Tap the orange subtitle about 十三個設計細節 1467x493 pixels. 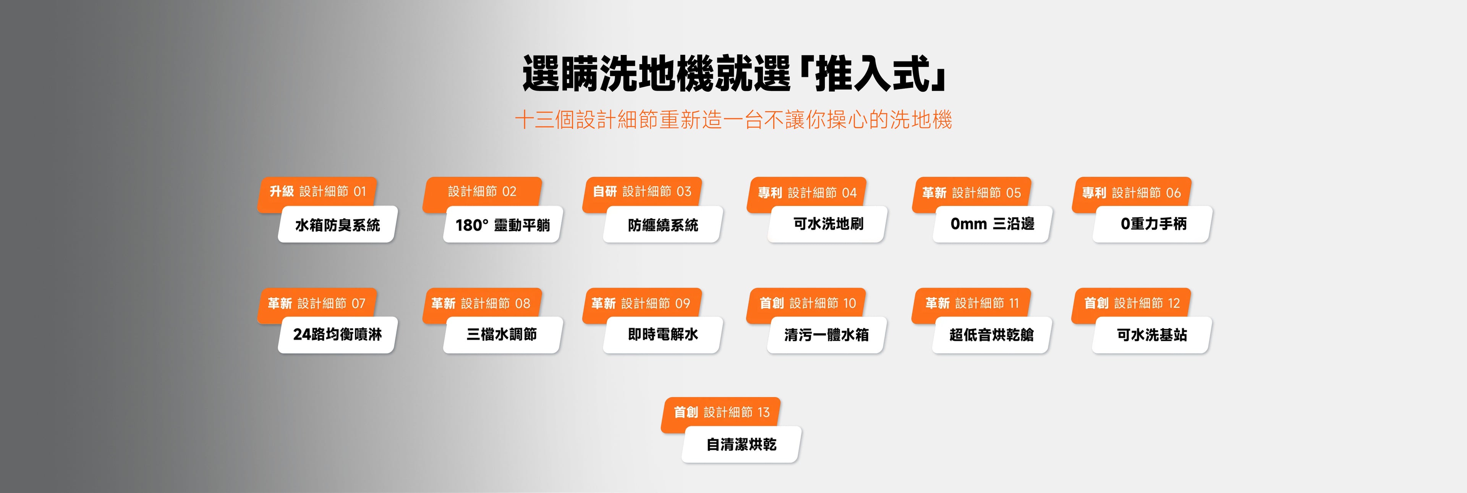(733, 120)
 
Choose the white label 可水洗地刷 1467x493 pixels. (827, 224)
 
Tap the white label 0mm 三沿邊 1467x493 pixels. (993, 224)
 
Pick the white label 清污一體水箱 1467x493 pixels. (827, 335)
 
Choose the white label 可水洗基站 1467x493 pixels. (1152, 335)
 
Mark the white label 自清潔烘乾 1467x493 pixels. (742, 444)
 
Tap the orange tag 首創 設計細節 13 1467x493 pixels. (721, 412)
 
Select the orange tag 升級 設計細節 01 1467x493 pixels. (317, 192)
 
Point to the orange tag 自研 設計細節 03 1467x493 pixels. (642, 192)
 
